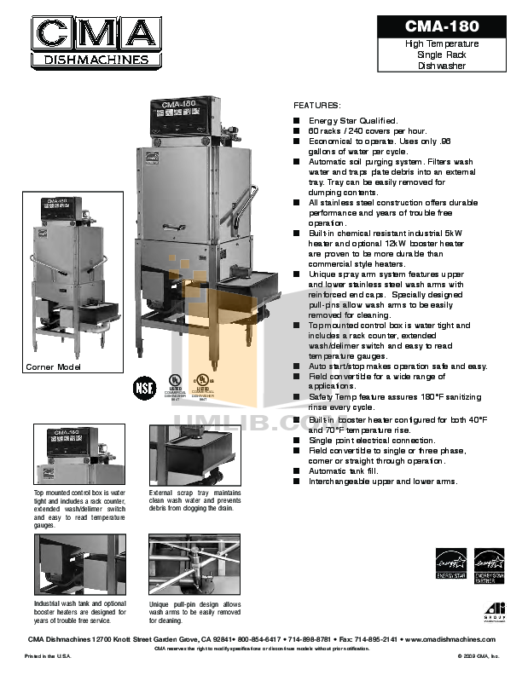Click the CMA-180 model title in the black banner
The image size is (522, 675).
point(441,26)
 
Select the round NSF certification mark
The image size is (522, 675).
point(143,386)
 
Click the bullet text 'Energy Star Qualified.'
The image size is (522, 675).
point(352,121)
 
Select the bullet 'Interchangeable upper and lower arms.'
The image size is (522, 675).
point(382,481)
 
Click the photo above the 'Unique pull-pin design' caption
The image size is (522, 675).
point(194,564)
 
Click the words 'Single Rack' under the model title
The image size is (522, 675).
point(441,55)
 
